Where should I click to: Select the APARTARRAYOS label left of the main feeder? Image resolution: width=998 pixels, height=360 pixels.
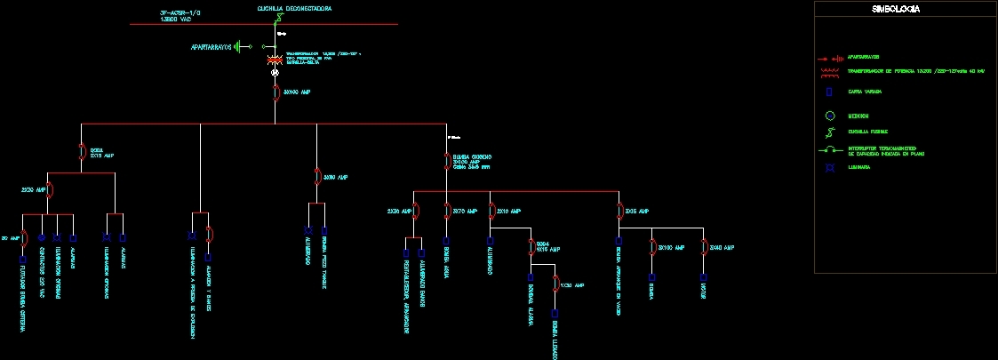pos(211,46)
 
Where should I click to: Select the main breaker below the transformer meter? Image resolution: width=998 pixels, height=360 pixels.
pos(275,92)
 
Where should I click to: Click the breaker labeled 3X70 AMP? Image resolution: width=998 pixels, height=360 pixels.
pos(446,211)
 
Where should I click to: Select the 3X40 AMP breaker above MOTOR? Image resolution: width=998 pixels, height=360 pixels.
pos(703,246)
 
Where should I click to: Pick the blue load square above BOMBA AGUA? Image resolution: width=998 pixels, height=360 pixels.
pos(446,241)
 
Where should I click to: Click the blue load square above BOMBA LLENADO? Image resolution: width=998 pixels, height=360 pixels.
pos(555,313)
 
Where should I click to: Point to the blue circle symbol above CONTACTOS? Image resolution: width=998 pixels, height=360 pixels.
pos(41,238)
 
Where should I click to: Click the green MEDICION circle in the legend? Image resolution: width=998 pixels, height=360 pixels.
pos(829,116)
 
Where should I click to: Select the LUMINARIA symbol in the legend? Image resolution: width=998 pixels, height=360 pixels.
pos(829,167)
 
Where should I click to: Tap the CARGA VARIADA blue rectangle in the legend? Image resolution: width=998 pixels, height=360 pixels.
pos(829,92)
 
